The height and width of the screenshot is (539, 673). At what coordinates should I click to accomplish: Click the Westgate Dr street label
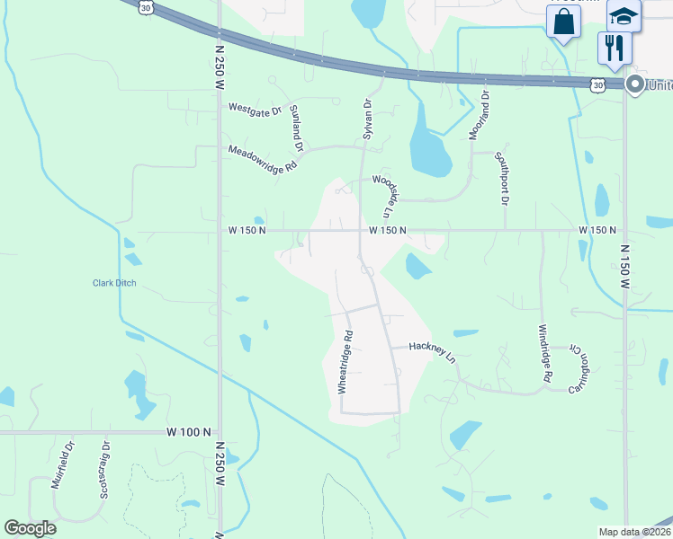(x=255, y=109)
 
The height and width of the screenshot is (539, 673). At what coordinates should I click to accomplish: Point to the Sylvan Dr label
(x=367, y=118)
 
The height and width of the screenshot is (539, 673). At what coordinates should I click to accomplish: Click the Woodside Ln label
(x=384, y=196)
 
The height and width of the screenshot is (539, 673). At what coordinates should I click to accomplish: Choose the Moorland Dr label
(x=479, y=114)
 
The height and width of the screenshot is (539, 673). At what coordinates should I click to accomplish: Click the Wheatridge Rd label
(x=345, y=361)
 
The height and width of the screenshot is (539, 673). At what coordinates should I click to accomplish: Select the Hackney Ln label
(x=433, y=350)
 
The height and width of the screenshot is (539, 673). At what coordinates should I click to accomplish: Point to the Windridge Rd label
(x=544, y=354)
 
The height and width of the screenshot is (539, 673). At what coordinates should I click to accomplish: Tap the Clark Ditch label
(x=114, y=283)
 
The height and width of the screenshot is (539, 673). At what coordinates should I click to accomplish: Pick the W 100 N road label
(x=189, y=432)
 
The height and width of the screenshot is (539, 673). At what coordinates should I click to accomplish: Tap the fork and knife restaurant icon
(x=615, y=47)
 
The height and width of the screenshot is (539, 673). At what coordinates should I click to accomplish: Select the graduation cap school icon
(x=624, y=16)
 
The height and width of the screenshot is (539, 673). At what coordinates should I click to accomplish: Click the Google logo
(x=30, y=528)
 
